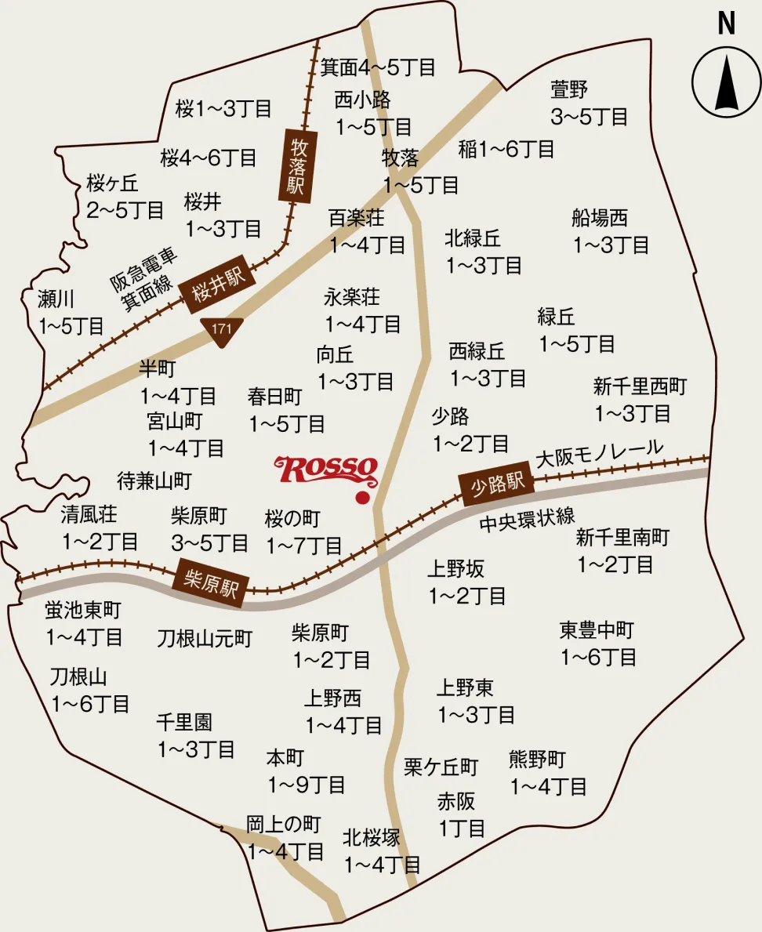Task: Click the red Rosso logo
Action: click(326, 470)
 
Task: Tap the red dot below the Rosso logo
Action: click(361, 497)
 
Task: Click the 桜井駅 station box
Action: click(214, 285)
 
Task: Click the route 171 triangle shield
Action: click(222, 328)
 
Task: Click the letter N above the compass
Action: click(727, 24)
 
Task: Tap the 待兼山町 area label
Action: click(154, 480)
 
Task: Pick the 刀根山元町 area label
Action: click(205, 639)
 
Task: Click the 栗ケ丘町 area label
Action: click(441, 766)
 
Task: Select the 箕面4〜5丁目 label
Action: click(378, 67)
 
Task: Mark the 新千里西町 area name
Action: click(640, 386)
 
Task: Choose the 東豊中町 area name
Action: click(597, 629)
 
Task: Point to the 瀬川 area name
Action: click(56, 299)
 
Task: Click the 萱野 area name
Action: click(569, 89)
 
